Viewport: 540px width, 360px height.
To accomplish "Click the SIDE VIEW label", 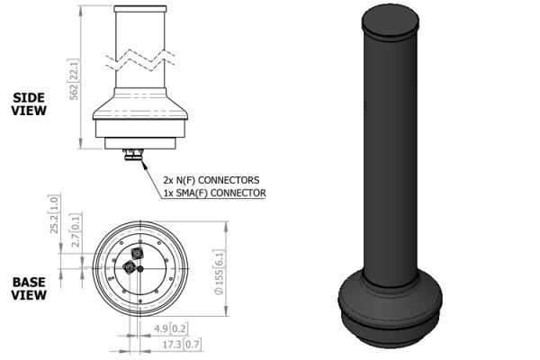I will pyautogui.click(x=28, y=104).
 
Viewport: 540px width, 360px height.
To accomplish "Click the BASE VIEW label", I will pyautogui.click(x=28, y=288).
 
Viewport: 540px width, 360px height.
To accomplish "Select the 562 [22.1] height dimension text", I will pyautogui.click(x=76, y=79).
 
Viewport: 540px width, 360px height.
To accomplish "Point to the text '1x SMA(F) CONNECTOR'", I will pyautogui.click(x=214, y=193).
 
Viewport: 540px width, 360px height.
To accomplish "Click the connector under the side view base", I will pyautogui.click(x=137, y=155).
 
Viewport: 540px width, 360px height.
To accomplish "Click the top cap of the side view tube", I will pyautogui.click(x=140, y=7).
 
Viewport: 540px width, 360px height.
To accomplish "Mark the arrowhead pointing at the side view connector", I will pyautogui.click(x=144, y=164).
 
